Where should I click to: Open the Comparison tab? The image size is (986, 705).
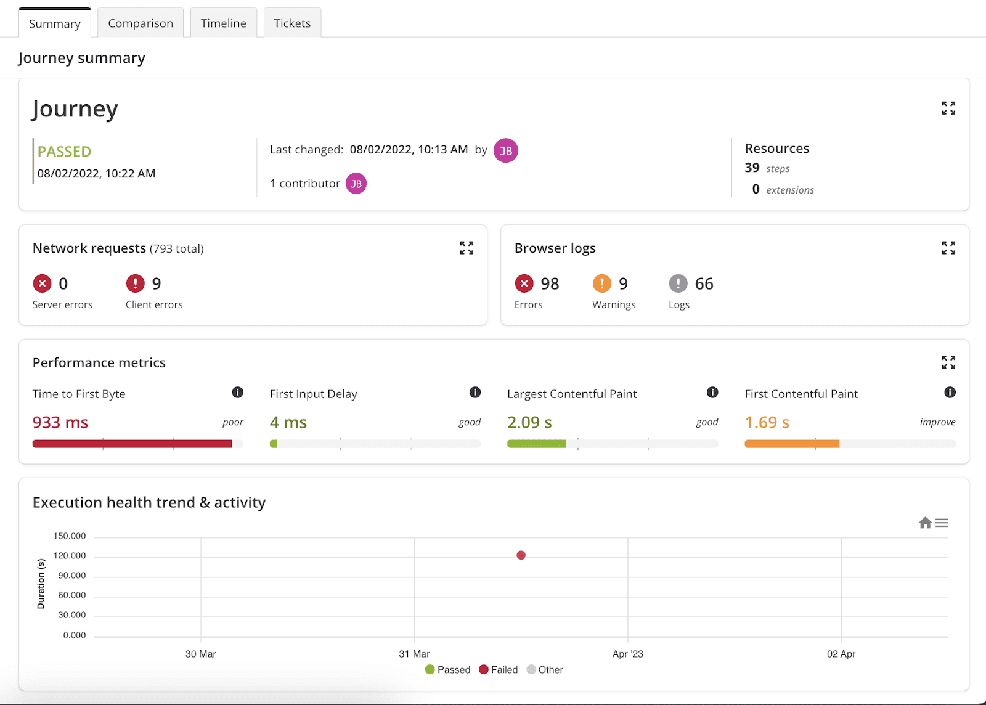point(141,23)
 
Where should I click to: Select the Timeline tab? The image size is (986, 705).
point(223,23)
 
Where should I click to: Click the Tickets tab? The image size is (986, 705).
point(292,23)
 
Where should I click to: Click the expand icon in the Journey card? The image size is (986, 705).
point(948,108)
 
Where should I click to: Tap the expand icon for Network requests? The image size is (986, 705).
point(467,248)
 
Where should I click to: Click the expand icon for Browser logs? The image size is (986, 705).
point(948,248)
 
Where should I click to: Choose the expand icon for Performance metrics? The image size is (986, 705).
point(948,362)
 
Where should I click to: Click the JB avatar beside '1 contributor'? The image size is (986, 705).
point(356,184)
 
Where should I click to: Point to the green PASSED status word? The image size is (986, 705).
point(64,152)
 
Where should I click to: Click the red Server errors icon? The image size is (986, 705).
point(43,283)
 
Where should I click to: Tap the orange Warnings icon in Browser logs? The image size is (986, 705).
point(601,283)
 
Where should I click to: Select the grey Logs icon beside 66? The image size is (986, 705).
point(678,283)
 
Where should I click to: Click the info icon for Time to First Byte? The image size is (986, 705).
point(238,392)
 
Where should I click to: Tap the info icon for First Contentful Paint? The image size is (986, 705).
point(950,392)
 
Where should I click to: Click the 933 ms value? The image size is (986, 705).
point(60,422)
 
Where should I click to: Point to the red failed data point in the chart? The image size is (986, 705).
point(521,555)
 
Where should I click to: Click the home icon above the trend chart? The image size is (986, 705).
point(925,523)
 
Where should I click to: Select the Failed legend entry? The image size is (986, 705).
point(498,669)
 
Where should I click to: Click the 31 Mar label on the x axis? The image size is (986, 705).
point(414,653)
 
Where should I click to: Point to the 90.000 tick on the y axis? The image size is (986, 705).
point(71,575)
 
